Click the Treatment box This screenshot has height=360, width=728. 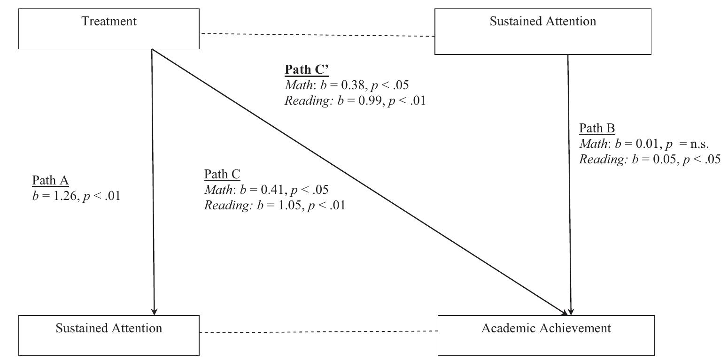109,29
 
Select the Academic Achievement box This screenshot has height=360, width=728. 546,335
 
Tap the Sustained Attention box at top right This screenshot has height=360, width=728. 542,31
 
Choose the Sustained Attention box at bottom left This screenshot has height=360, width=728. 109,335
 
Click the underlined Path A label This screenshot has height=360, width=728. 50,181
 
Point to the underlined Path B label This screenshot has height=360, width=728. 597,129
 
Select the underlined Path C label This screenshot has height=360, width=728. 222,175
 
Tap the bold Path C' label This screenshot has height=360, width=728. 307,70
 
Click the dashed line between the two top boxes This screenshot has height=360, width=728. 317,35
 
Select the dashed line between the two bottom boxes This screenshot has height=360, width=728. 318,332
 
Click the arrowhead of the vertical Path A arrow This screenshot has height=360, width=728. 154,311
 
